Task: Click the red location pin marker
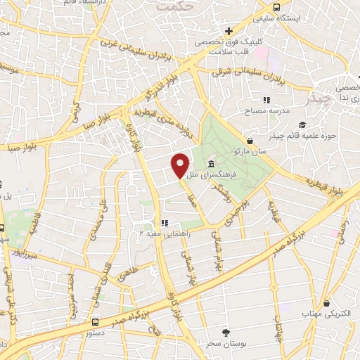tap(180, 165)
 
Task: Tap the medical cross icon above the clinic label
tap(229, 31)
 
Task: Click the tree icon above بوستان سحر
tap(226, 332)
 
